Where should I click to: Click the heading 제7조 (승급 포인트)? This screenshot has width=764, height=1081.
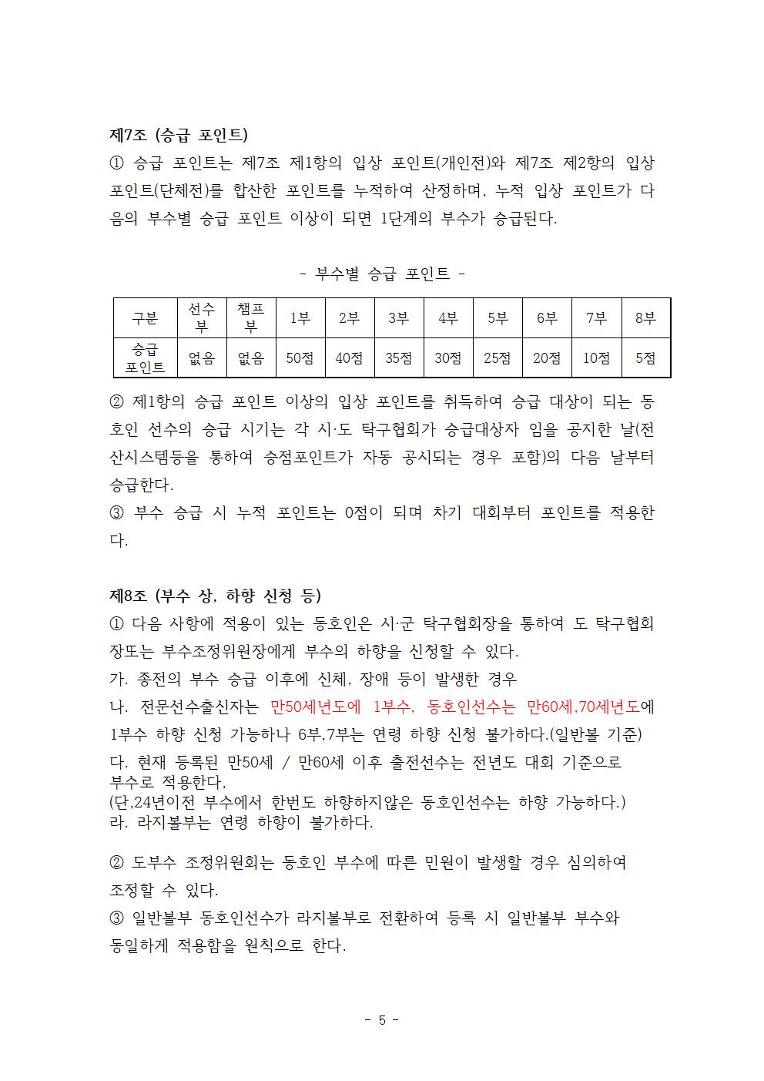pos(179,135)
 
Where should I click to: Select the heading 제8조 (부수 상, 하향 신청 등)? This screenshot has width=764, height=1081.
pos(215,596)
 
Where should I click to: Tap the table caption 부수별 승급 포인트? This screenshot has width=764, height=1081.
pos(382,273)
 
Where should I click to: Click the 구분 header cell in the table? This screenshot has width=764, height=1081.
pos(145,318)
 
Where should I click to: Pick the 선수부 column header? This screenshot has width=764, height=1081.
pos(202,317)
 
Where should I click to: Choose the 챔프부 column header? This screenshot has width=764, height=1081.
pos(250,317)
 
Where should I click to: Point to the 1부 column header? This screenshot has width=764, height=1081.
pos(300,318)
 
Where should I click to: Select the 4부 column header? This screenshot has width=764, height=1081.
pos(447,318)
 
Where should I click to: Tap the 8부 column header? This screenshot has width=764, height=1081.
pos(645,318)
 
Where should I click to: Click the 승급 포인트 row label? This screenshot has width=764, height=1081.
pos(145,358)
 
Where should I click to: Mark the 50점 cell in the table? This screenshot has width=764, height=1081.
pos(300,358)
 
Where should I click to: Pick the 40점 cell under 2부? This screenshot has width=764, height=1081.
pos(349,358)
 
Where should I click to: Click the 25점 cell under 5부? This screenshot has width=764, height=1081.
pos(497,358)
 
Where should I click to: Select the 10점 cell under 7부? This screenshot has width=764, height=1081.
pos(596,358)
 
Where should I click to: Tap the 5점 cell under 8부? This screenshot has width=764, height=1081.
pos(645,358)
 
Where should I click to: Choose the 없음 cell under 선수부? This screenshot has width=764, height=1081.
pos(202,358)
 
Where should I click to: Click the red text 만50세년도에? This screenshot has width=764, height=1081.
pos(316,707)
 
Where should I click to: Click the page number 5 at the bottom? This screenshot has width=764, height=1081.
pos(381,1020)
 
